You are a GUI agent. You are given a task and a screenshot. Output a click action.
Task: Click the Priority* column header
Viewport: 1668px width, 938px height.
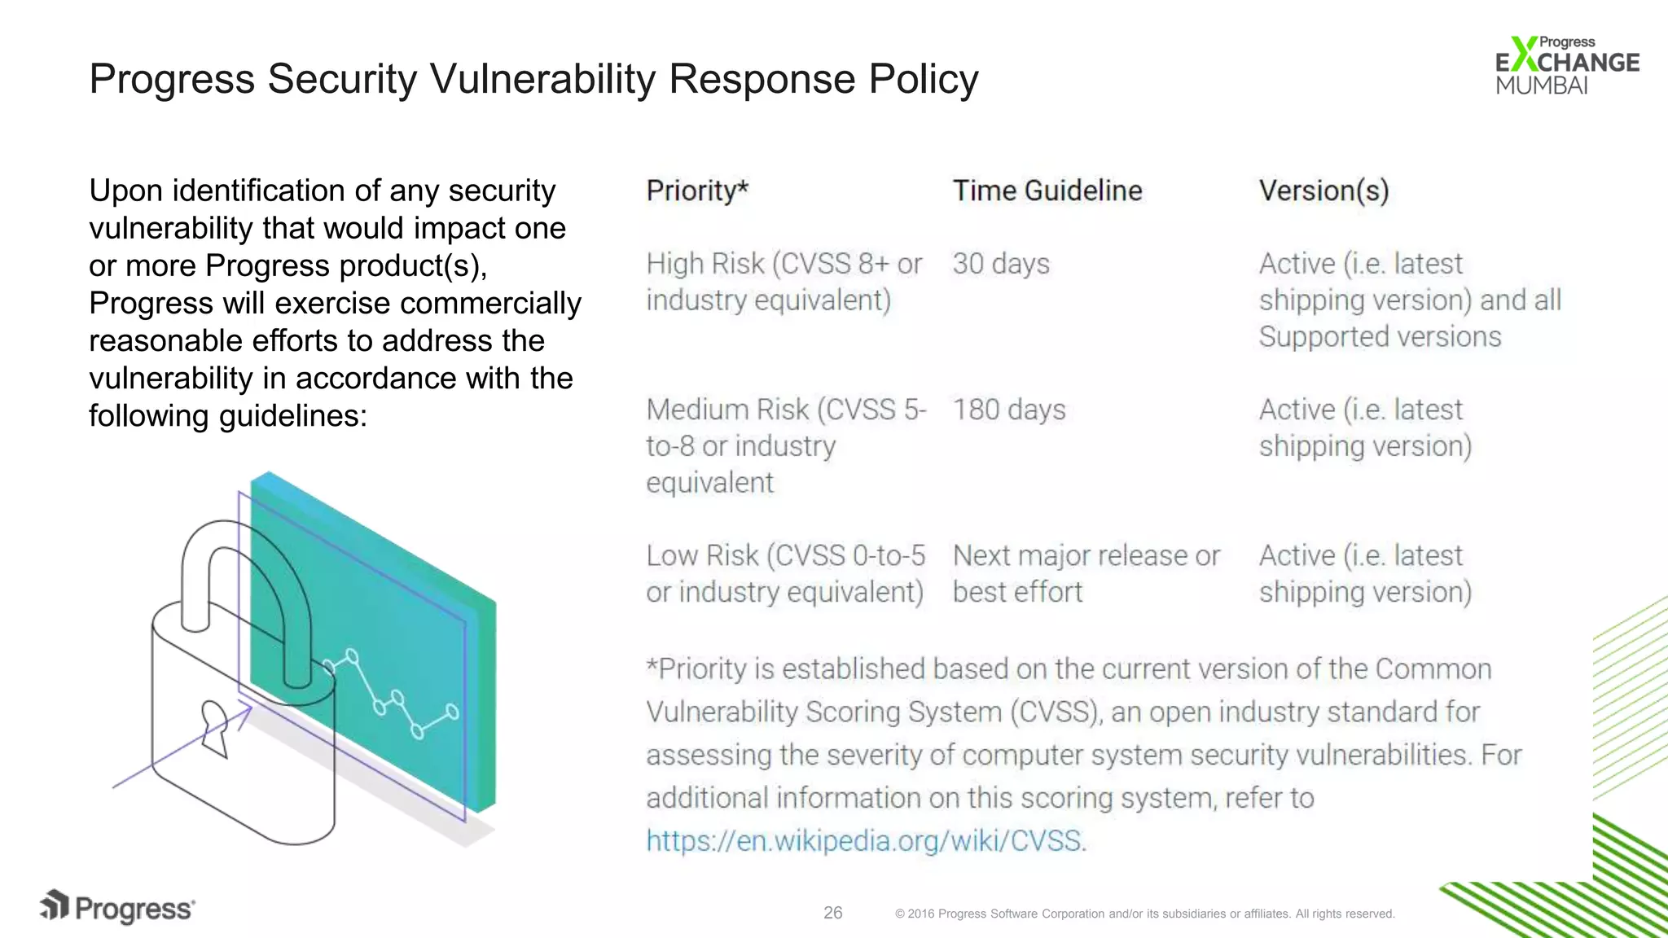tap(697, 191)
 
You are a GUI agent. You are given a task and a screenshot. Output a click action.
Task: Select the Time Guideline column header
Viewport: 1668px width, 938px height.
tap(1047, 191)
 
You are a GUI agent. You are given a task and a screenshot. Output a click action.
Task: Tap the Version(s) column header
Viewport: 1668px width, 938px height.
tap(1323, 191)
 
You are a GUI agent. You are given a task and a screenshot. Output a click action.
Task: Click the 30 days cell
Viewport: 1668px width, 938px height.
tap(1001, 264)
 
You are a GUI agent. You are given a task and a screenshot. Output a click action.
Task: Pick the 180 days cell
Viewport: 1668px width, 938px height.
tap(1009, 410)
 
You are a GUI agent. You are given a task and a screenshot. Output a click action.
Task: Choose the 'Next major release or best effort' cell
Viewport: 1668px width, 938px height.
tap(1086, 573)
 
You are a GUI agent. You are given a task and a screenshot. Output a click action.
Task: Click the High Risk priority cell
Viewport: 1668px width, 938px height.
tap(784, 282)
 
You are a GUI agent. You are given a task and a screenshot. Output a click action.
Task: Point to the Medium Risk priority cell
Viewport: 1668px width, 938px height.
tap(785, 445)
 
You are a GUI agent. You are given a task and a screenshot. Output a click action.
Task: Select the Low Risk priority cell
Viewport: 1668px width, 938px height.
tap(785, 573)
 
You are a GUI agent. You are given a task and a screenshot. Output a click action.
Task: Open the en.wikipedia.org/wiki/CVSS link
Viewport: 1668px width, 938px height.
tap(866, 840)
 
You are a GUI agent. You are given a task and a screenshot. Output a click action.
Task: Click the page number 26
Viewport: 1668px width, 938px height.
tap(832, 913)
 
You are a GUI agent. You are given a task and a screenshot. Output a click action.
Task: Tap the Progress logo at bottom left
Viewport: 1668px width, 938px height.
tap(118, 907)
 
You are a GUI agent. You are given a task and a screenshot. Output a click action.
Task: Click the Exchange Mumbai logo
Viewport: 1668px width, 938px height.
tap(1565, 65)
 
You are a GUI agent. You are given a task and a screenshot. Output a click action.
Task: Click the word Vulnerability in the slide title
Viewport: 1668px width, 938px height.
tap(542, 79)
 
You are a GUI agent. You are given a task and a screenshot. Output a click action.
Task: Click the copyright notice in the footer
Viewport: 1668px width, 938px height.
tap(1144, 914)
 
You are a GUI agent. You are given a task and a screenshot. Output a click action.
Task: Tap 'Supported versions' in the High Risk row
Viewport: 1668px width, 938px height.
tap(1380, 337)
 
